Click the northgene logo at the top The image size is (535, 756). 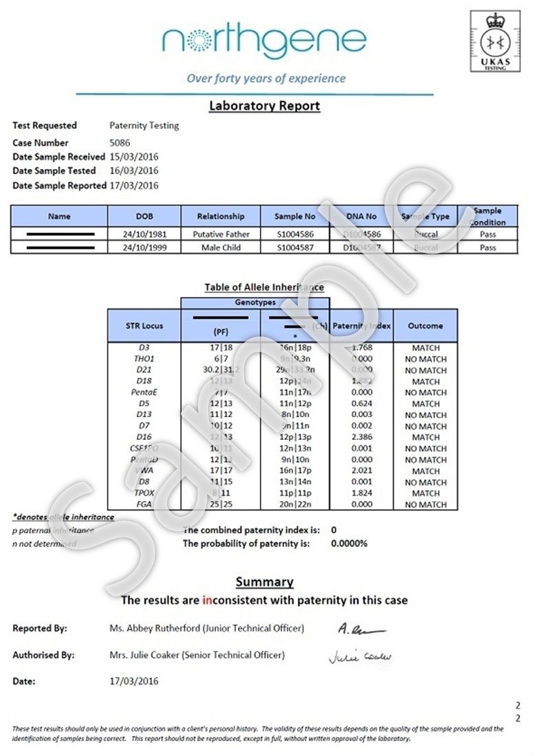click(264, 42)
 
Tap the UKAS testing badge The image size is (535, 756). click(496, 42)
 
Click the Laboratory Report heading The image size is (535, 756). click(265, 106)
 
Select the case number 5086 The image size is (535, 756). click(120, 143)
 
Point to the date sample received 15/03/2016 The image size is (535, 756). click(133, 157)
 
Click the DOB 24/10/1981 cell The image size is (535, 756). click(144, 234)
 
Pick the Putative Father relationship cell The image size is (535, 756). click(221, 234)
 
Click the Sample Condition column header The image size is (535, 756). click(488, 216)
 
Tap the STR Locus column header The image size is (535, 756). click(144, 326)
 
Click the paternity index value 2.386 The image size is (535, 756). click(361, 436)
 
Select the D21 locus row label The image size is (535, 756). click(144, 370)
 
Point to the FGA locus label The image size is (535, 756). click(144, 504)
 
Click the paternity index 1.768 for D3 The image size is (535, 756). click(361, 348)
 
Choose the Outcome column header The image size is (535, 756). click(425, 326)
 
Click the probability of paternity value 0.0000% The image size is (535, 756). click(349, 544)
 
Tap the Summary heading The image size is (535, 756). click(265, 582)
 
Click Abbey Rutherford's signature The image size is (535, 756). click(362, 629)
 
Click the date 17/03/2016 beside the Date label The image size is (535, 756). click(134, 681)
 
